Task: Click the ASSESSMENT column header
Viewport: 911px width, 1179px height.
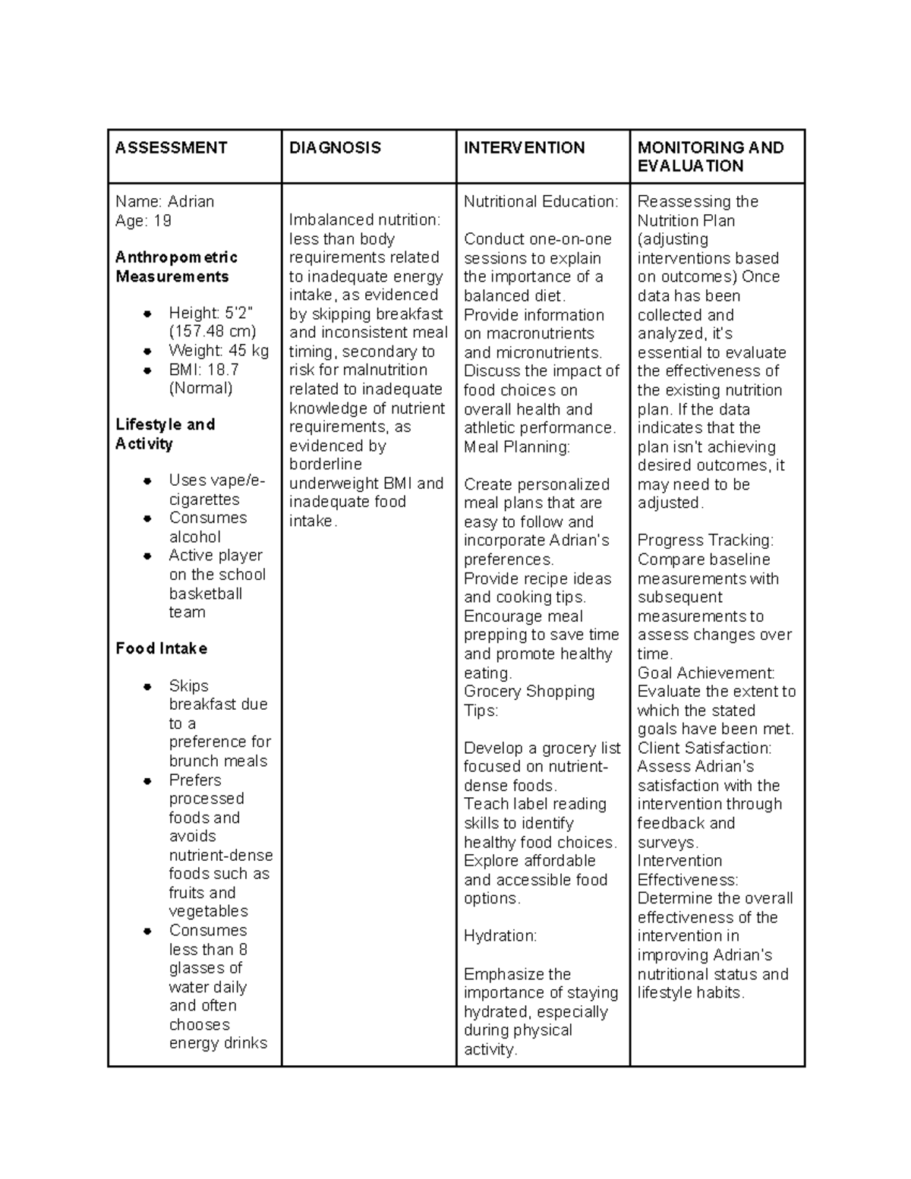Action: pos(171,148)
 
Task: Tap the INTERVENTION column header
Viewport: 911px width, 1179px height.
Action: pos(524,148)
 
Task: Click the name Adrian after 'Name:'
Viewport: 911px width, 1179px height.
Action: pos(191,202)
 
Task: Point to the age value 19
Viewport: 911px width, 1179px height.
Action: pos(162,221)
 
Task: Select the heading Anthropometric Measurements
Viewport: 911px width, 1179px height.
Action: pos(176,266)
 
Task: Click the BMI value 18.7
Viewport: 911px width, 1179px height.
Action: pos(222,370)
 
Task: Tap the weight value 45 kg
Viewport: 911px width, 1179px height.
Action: pos(249,351)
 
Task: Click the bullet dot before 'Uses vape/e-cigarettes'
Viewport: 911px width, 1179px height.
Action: pos(148,481)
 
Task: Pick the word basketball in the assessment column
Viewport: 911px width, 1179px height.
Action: pos(206,594)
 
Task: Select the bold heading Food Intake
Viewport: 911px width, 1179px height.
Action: pos(161,648)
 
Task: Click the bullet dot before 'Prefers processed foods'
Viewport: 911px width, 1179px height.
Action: pos(148,780)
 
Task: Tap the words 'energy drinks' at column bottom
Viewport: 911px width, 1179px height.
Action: pos(218,1043)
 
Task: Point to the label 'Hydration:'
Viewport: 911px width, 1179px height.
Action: pos(500,936)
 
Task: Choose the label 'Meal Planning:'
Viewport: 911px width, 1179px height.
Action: pos(516,447)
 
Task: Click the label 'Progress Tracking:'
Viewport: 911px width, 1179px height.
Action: pos(705,541)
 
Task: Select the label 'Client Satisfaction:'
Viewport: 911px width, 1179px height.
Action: pos(704,748)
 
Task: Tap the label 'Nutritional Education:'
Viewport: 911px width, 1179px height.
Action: pos(541,202)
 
